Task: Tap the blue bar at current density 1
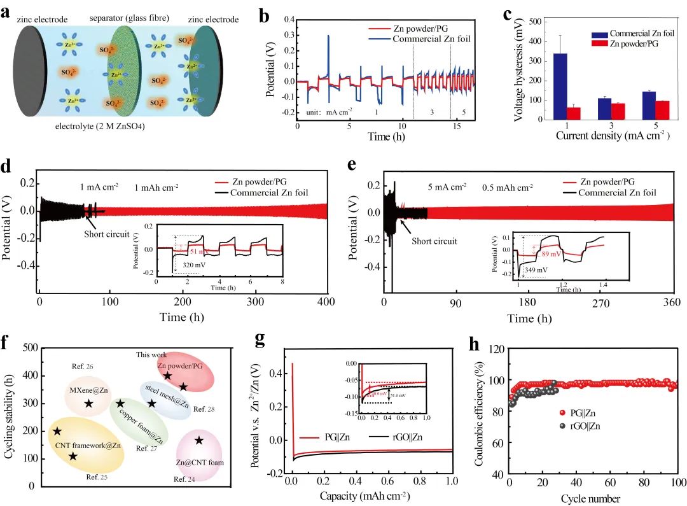(560, 86)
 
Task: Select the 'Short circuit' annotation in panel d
(107, 234)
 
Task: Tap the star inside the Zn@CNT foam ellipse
(199, 440)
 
